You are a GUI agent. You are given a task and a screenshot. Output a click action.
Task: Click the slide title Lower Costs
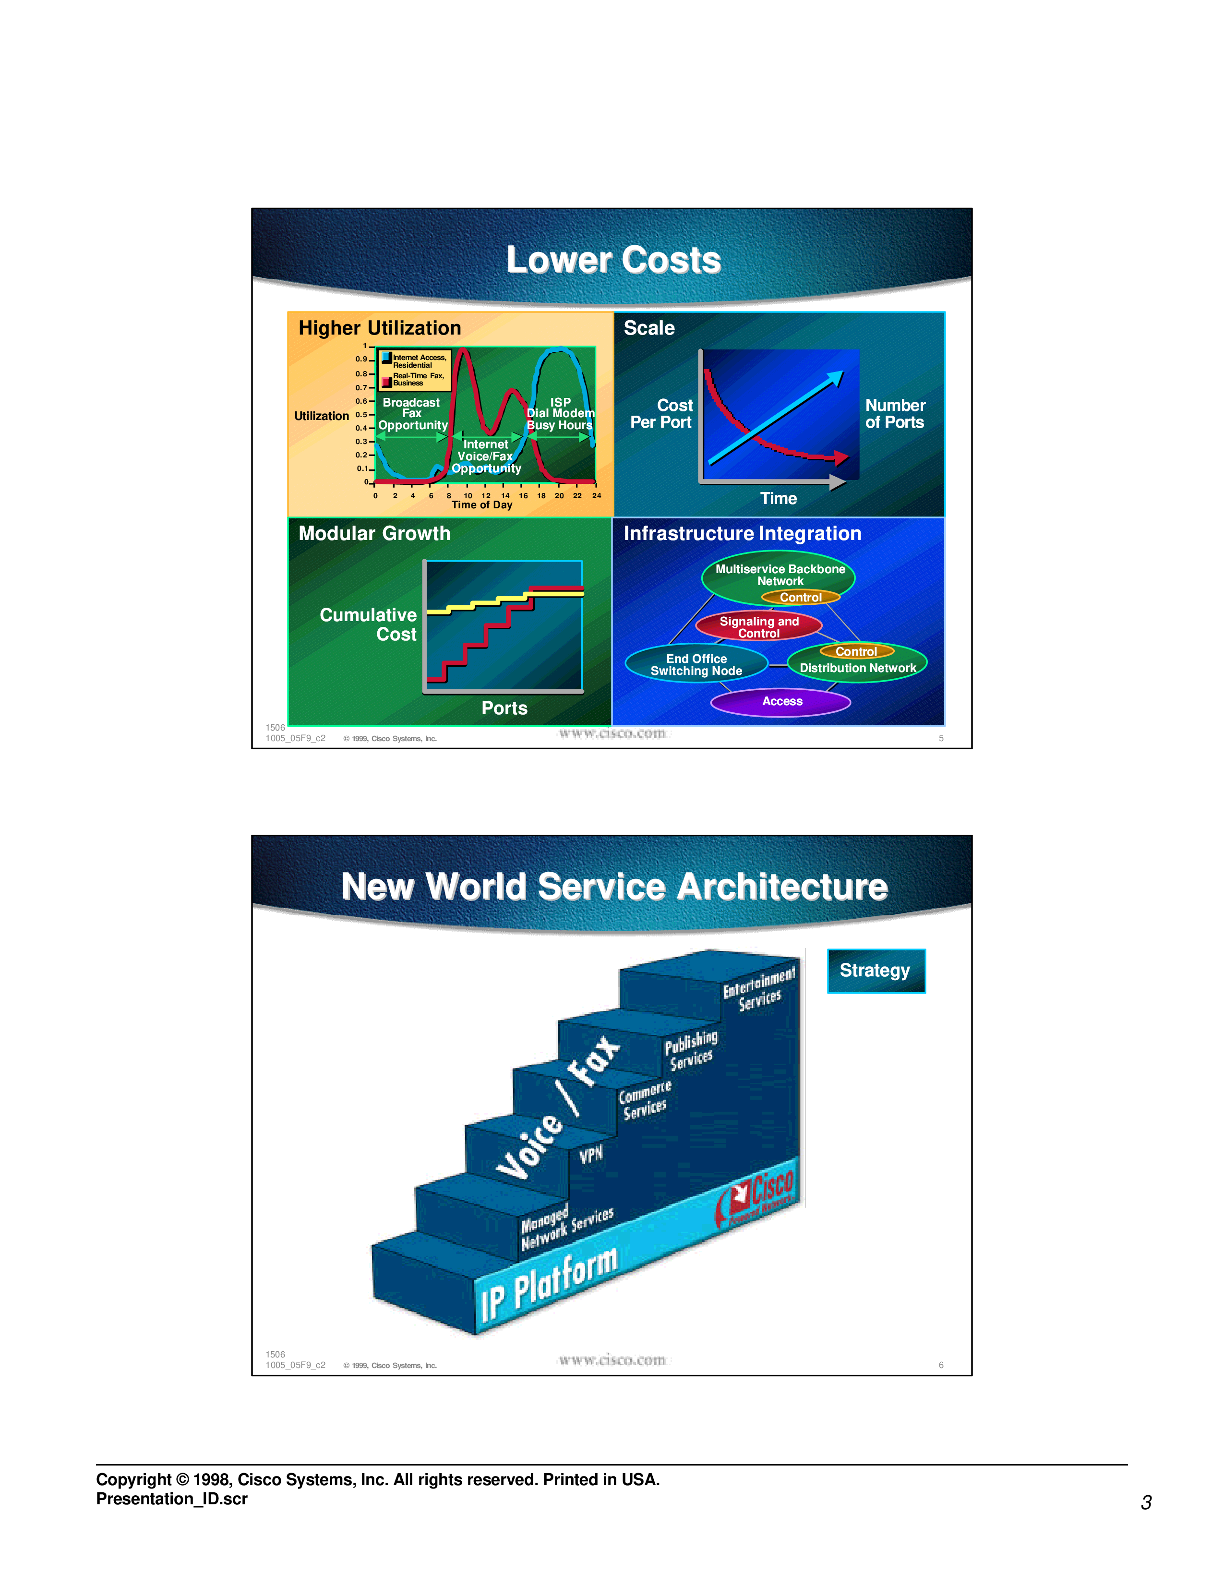613,260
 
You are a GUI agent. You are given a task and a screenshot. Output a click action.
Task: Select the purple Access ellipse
781,701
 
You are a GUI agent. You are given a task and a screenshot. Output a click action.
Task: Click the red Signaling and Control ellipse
758,626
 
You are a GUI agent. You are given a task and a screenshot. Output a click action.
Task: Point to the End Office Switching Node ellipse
696,664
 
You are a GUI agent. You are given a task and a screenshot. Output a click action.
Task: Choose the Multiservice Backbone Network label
780,575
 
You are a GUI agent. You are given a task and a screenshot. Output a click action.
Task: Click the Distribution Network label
858,668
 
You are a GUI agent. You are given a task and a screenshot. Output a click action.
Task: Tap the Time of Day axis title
481,505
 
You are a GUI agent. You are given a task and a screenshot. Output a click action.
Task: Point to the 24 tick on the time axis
596,495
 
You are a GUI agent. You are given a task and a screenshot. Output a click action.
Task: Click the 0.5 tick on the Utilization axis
360,414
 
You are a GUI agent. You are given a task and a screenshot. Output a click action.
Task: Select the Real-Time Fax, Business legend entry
417,379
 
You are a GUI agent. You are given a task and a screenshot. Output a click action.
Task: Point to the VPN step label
591,1154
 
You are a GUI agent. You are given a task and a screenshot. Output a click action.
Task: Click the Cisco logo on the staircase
758,1197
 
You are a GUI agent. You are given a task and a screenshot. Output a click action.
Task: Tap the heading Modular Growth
374,533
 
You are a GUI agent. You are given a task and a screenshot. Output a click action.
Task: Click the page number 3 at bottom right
1146,1502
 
